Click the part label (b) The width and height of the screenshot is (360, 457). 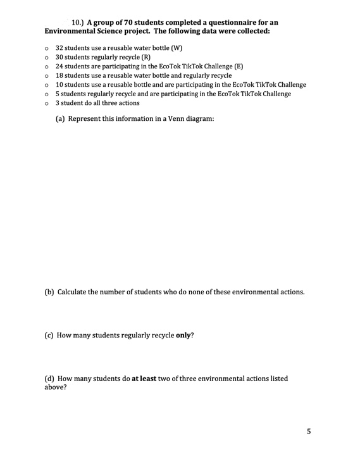[49, 292]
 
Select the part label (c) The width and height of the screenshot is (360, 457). [49, 335]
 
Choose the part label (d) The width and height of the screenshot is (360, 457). [49, 379]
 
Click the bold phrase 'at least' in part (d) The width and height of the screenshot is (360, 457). [144, 379]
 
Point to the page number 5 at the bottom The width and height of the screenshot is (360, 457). [309, 432]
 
